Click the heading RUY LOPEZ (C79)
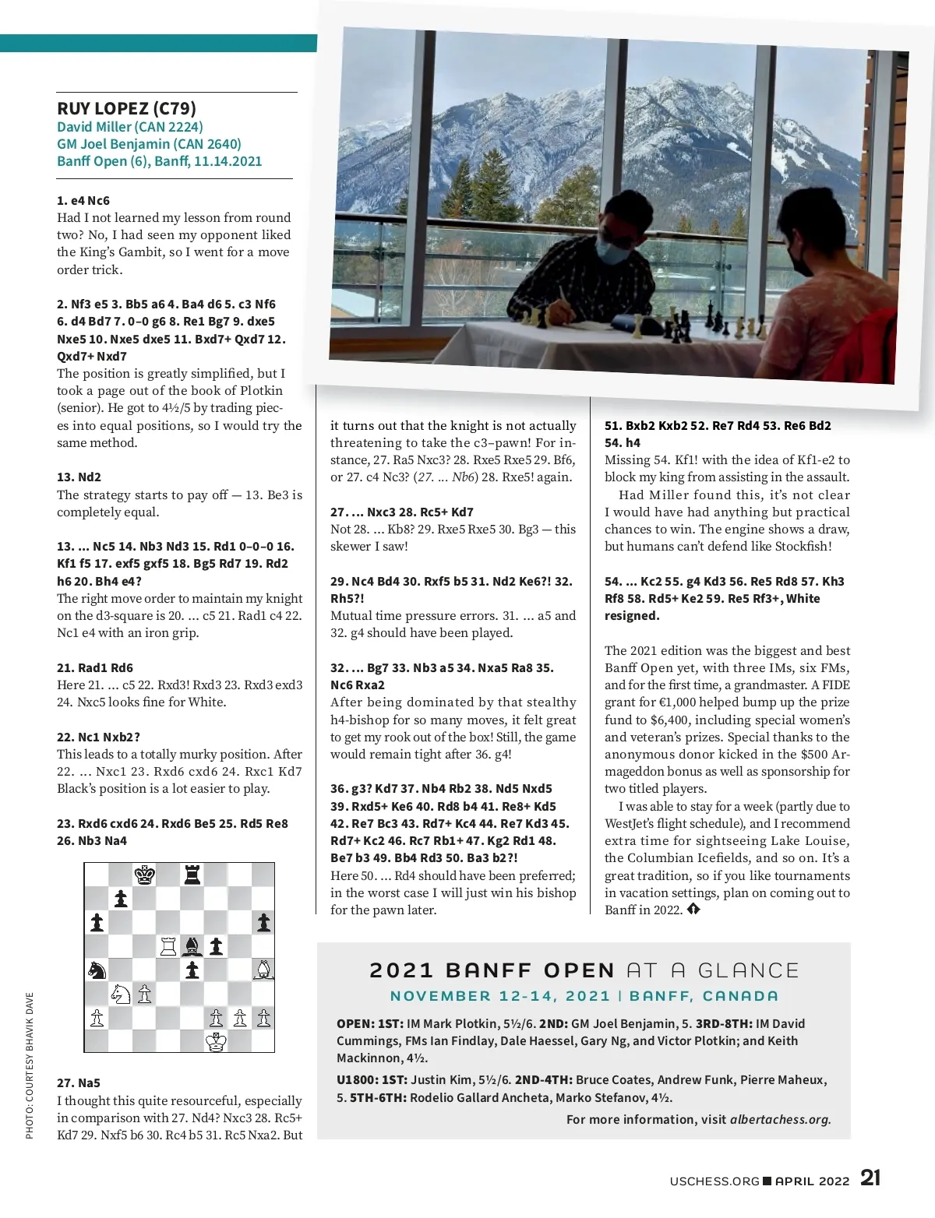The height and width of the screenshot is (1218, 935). [x=126, y=108]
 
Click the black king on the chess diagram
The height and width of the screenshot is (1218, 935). [x=144, y=875]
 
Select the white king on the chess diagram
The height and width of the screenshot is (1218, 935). [x=216, y=1041]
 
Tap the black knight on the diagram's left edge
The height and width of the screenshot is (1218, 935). [x=97, y=970]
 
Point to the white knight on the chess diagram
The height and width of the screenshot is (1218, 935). [x=120, y=994]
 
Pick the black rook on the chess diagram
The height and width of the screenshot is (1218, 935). [x=192, y=875]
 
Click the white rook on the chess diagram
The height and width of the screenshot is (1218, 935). [x=168, y=946]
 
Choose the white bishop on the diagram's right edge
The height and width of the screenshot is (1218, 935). [x=264, y=970]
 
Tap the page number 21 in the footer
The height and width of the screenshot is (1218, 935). [x=870, y=1178]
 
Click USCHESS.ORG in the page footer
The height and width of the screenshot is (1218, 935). [x=714, y=1181]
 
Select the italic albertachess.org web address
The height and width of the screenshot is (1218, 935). [x=780, y=1119]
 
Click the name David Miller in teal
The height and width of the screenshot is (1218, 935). [x=94, y=127]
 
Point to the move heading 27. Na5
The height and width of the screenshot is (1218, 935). [x=79, y=1082]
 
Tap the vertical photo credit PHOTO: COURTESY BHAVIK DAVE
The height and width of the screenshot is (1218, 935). [x=30, y=1065]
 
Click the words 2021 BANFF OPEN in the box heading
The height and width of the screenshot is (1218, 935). [x=492, y=970]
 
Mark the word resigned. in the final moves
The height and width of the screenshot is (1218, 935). [x=632, y=615]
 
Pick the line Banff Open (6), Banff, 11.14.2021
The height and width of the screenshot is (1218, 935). [x=159, y=161]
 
